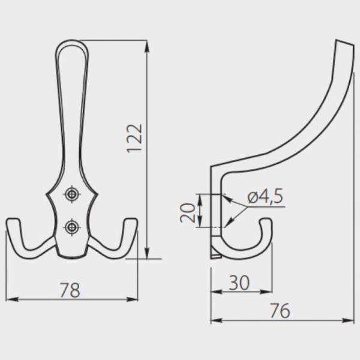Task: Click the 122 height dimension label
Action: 135,139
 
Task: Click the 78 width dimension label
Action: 70,290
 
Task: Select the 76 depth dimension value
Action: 280,311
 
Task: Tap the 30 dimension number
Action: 239,283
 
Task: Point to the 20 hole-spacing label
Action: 188,212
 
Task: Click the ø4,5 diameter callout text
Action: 265,196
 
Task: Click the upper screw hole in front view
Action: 72,194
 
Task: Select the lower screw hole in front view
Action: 72,227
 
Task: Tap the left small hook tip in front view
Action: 13,220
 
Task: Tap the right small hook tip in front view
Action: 131,220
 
